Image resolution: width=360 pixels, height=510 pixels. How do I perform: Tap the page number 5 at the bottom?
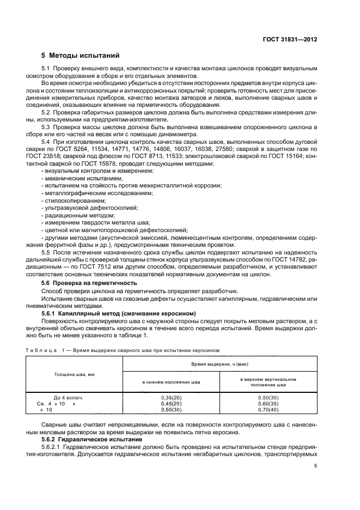(x=316, y=466)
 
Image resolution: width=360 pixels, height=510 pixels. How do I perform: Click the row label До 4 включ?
(x=68, y=398)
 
